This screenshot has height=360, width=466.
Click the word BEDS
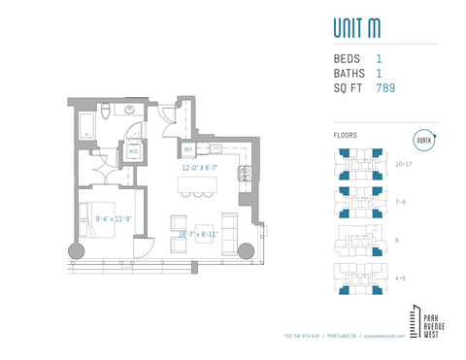[x=347, y=59]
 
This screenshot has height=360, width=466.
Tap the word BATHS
[x=349, y=74]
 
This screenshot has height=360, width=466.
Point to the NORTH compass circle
[x=423, y=140]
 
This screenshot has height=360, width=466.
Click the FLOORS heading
[x=346, y=135]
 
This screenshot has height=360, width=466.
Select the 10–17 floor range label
[x=405, y=165]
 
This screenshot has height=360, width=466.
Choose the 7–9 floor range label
[x=401, y=202]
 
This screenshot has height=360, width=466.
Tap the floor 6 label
[x=397, y=239]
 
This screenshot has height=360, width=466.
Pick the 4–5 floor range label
[x=400, y=278]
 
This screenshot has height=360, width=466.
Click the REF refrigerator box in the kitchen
[x=188, y=149]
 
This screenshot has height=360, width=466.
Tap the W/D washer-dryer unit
[x=134, y=151]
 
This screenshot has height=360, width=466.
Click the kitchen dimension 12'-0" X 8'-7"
[x=199, y=168]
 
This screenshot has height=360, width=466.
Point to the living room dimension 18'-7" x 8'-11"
[x=198, y=234]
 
